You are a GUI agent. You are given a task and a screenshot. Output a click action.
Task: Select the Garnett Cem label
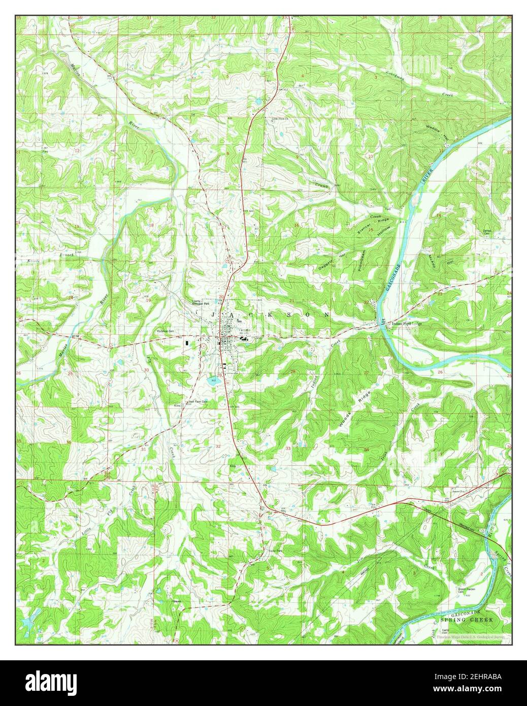pos(488,230)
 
